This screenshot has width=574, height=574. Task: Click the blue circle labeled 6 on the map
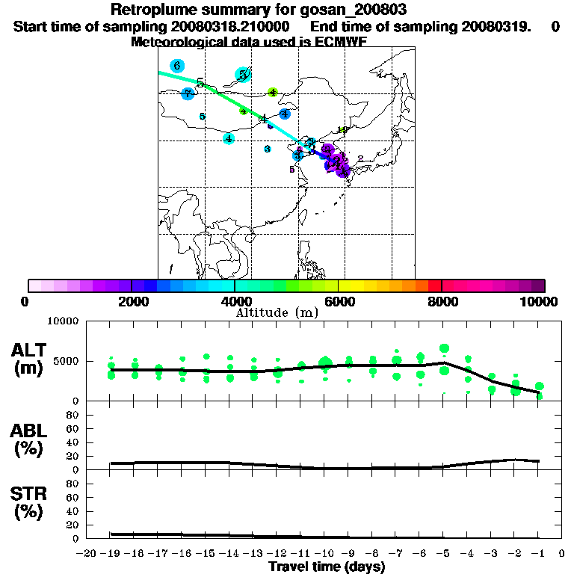pyautogui.click(x=176, y=66)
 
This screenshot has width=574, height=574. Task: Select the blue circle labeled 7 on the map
pyautogui.click(x=188, y=93)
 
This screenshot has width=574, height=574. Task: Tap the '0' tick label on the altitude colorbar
pyautogui.click(x=25, y=301)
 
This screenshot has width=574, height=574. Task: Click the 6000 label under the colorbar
pyautogui.click(x=339, y=301)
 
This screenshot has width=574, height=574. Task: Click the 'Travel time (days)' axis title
pyautogui.click(x=327, y=567)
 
